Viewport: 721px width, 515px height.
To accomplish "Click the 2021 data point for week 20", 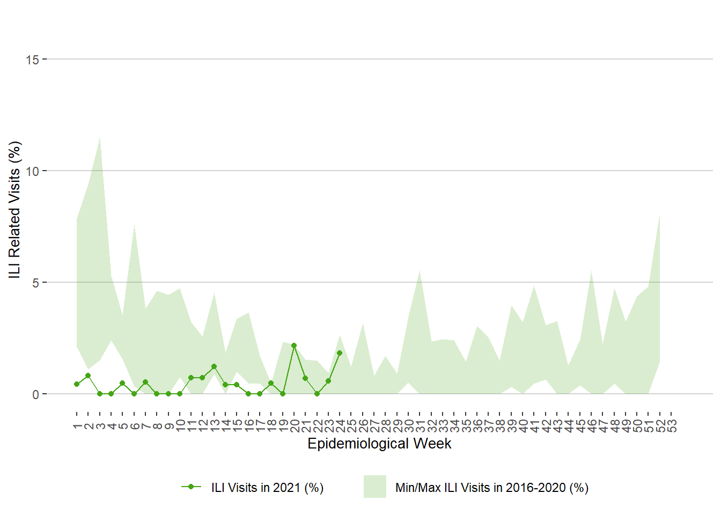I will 294,345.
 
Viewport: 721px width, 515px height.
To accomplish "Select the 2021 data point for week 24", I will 340,353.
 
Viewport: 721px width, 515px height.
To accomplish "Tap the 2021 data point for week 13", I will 214,366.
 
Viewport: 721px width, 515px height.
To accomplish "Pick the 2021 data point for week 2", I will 88,376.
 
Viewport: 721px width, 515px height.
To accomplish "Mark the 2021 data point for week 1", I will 77,384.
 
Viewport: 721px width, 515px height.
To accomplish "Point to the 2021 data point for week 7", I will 145,382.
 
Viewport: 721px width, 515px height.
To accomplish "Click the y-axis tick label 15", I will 32,60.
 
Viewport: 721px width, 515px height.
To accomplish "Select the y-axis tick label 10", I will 32,171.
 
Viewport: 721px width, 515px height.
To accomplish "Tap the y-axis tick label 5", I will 35,283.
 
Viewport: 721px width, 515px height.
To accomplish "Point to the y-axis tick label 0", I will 35,394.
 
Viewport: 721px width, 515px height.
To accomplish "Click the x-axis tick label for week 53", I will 672,426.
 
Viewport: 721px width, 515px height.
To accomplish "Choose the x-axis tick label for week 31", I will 420,426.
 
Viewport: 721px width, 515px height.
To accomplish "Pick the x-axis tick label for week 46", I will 592,426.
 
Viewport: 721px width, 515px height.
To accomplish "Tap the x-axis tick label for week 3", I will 100,426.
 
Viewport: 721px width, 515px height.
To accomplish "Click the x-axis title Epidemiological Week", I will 379,444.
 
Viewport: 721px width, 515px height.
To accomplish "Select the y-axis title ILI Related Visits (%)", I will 14,210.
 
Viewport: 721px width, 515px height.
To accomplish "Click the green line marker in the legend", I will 191,487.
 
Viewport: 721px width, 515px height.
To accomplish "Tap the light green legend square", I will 374,487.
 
